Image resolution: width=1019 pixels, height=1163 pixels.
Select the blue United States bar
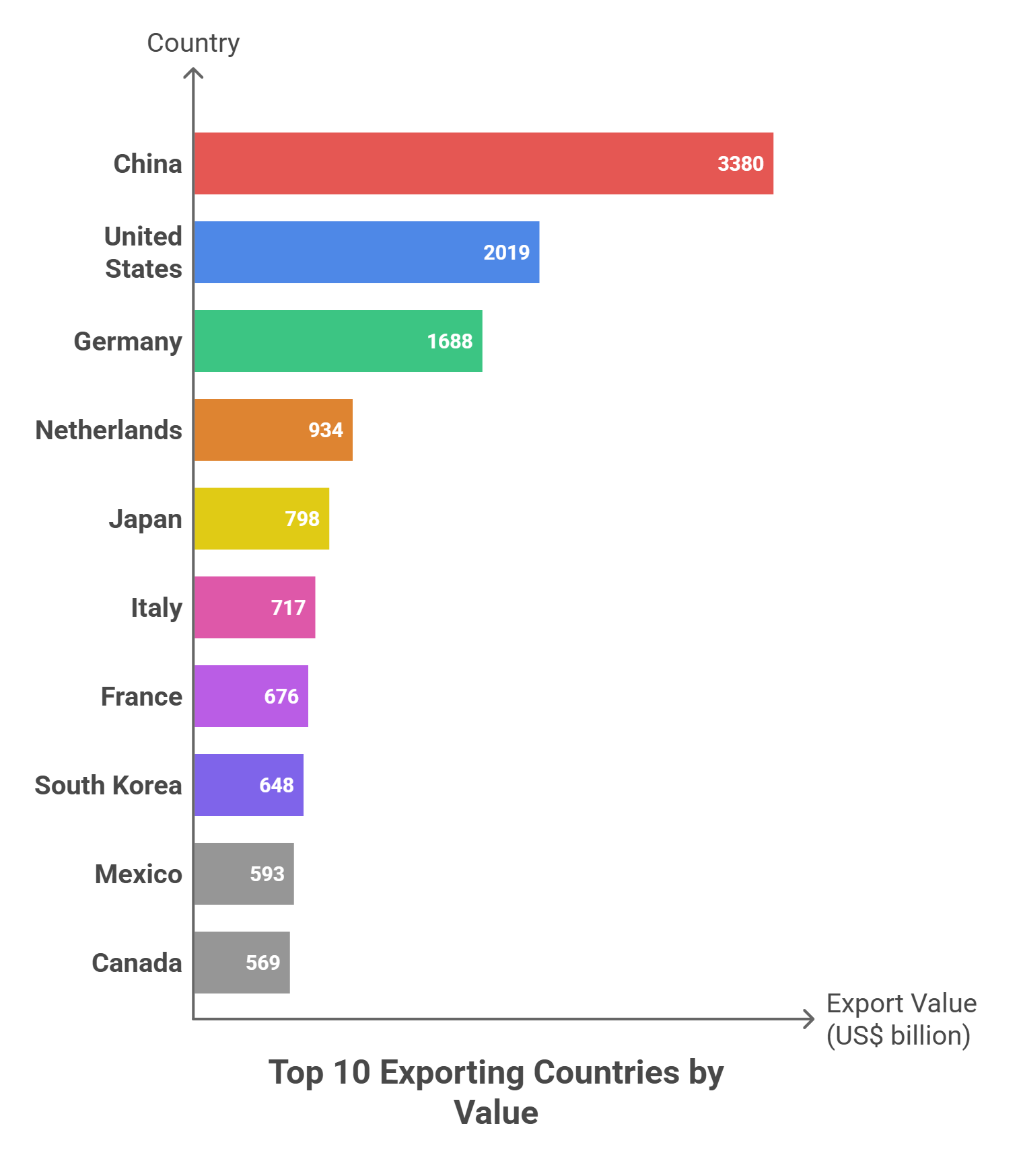[x=337, y=252]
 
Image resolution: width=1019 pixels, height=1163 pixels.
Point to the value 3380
[x=740, y=163]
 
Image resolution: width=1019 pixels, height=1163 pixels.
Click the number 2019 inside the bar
[x=506, y=252]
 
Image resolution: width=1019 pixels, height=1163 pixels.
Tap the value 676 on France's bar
[x=281, y=696]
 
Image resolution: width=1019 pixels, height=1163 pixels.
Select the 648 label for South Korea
[x=277, y=785]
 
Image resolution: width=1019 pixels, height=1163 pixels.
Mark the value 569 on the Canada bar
[x=262, y=963]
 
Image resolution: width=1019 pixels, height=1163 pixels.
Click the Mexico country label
[x=138, y=874]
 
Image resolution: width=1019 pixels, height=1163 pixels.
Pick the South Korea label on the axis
[x=108, y=785]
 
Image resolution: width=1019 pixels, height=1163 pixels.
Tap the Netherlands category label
[x=108, y=430]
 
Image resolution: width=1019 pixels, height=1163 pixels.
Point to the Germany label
[x=128, y=342]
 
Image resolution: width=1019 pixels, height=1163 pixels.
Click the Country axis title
[x=193, y=43]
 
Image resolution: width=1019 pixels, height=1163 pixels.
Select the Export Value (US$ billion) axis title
[x=901, y=1019]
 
